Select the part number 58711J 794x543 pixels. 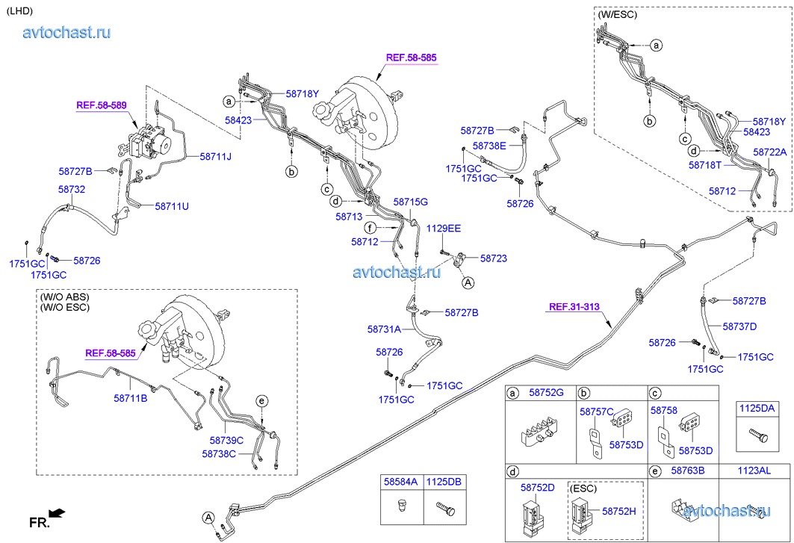(x=216, y=157)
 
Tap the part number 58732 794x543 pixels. (x=72, y=190)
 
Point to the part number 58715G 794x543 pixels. (x=411, y=202)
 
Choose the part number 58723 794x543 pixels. (x=494, y=258)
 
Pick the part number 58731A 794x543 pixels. (x=384, y=329)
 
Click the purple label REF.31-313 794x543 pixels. (x=574, y=306)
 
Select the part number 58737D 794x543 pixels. (x=740, y=326)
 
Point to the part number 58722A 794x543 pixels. (x=769, y=152)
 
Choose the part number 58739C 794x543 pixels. (x=227, y=441)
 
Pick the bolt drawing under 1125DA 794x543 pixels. (x=755, y=434)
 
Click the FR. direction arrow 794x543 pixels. (x=58, y=513)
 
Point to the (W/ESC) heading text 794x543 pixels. (x=617, y=14)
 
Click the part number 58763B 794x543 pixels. (x=689, y=471)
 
